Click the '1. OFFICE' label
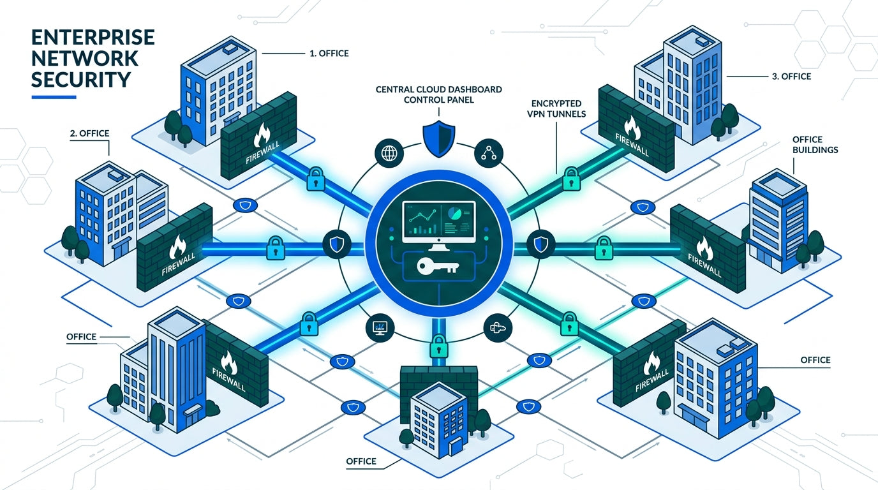tap(329, 54)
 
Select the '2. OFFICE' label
tap(89, 133)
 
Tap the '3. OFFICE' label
tap(791, 77)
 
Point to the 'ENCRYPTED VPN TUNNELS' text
tap(558, 108)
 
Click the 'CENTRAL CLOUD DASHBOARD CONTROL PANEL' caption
tap(438, 94)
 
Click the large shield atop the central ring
tap(438, 137)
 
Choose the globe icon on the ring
tap(389, 153)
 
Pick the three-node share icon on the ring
tap(489, 153)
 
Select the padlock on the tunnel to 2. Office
tap(275, 247)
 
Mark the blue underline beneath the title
tap(54, 97)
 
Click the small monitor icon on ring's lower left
tap(382, 327)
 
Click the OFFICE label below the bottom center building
tap(361, 461)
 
